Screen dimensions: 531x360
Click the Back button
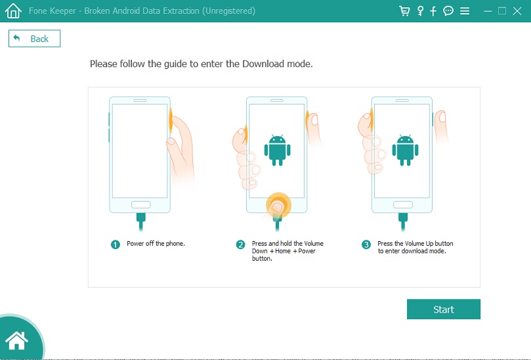click(34, 39)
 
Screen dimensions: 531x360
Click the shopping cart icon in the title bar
click(404, 11)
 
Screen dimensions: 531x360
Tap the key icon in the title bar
click(420, 11)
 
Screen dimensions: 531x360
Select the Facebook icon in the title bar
click(433, 11)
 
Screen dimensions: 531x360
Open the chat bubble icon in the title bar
click(448, 11)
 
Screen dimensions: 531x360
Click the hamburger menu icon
click(465, 11)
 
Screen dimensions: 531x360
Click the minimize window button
click(488, 11)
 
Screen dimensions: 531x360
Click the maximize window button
click(502, 11)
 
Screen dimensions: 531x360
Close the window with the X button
click(517, 11)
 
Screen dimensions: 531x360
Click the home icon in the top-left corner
click(13, 11)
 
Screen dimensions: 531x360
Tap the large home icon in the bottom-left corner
click(16, 340)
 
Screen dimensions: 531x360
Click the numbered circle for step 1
click(115, 244)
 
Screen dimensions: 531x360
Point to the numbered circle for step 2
click(240, 244)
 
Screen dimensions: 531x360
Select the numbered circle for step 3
click(366, 244)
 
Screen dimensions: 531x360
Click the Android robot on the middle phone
click(278, 150)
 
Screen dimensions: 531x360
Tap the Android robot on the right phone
click(406, 150)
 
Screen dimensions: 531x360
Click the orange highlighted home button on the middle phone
click(278, 205)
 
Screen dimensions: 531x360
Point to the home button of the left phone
click(141, 205)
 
